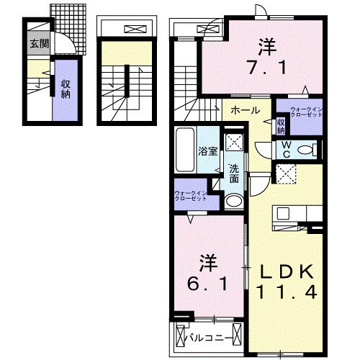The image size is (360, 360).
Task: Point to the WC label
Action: tap(287, 148)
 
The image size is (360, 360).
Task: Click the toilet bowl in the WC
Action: tap(307, 150)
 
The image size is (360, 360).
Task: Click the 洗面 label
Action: tap(234, 173)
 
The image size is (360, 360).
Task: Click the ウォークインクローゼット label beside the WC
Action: tap(305, 112)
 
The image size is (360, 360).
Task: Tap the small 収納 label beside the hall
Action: tap(281, 127)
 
